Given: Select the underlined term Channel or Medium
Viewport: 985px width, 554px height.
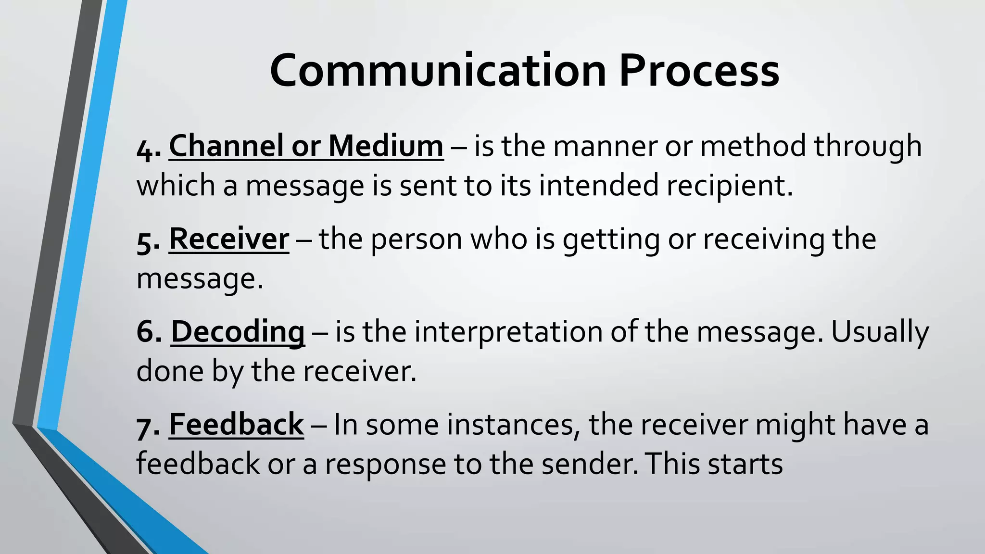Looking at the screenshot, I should [x=306, y=146].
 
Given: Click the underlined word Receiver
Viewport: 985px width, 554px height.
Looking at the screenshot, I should [x=229, y=239].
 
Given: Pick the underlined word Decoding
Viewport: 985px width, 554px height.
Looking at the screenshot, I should [x=238, y=332].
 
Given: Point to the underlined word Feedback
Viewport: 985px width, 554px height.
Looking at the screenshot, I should [x=236, y=425].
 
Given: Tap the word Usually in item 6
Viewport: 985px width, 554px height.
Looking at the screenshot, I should [x=880, y=333].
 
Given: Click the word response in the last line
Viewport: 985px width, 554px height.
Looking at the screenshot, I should [x=385, y=465].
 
